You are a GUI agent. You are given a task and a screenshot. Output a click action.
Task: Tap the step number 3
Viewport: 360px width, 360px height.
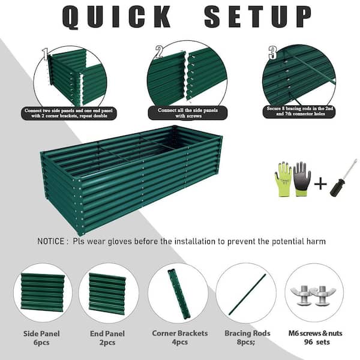click(x=272, y=53)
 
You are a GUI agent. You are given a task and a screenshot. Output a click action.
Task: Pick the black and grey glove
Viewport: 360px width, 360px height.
click(x=302, y=178)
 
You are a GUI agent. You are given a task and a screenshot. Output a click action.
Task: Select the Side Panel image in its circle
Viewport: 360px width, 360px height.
click(x=43, y=292)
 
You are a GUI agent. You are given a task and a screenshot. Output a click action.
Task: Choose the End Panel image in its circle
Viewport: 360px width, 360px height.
click(x=108, y=293)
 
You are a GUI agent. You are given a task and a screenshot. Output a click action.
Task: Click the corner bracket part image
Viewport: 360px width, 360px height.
click(x=178, y=293)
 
